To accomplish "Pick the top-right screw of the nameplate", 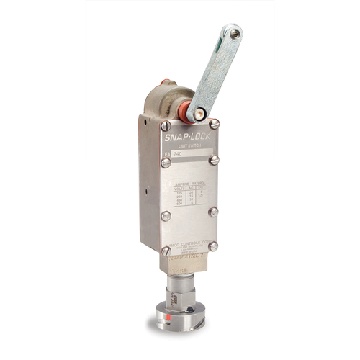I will (214, 125).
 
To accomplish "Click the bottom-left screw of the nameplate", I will (165, 247).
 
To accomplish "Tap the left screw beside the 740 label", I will (166, 162).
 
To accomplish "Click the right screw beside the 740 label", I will (213, 161).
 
